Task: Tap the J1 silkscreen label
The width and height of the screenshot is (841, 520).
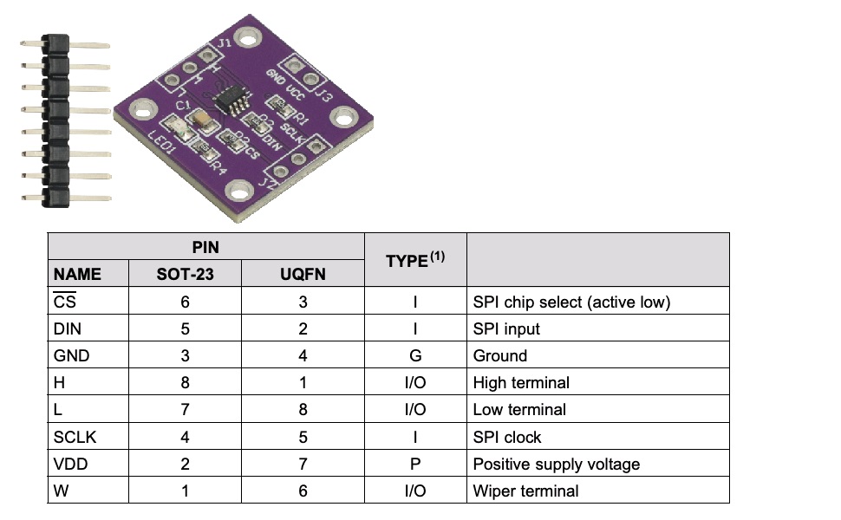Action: tap(225, 42)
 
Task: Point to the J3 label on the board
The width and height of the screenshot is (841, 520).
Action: tap(323, 94)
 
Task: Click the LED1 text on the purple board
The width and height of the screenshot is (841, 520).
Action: tap(161, 144)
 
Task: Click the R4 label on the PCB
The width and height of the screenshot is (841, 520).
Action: tap(218, 166)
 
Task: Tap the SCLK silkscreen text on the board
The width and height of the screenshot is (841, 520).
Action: tap(292, 133)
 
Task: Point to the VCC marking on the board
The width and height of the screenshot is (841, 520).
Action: tap(295, 91)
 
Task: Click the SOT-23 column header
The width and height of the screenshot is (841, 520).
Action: tap(185, 274)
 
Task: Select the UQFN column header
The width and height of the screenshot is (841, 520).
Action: tap(303, 274)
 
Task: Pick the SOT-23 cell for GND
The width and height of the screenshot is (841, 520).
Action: tap(185, 355)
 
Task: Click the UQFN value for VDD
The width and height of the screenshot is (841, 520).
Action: tap(303, 464)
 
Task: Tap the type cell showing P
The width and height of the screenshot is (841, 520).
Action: tap(415, 464)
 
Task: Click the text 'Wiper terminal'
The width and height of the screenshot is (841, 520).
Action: tap(525, 491)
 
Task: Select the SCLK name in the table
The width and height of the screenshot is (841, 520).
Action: tap(75, 437)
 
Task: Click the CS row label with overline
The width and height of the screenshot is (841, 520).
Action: tap(65, 301)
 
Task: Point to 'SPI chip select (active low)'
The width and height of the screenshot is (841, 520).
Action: tap(571, 302)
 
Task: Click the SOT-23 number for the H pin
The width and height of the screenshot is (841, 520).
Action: tap(185, 382)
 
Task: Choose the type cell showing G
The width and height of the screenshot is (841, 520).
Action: tap(415, 355)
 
